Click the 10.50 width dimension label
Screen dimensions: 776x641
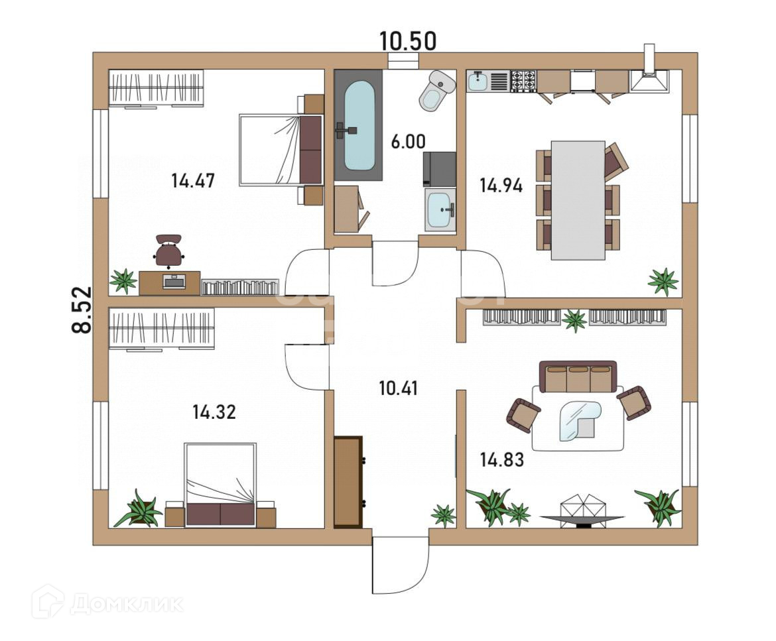pyautogui.click(x=408, y=41)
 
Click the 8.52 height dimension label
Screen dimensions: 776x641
pyautogui.click(x=82, y=310)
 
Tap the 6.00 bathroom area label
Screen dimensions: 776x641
pyautogui.click(x=409, y=142)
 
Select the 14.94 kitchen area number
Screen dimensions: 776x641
pyautogui.click(x=501, y=186)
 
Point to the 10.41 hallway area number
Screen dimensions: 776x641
pyautogui.click(x=399, y=388)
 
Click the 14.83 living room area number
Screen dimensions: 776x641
pyautogui.click(x=502, y=460)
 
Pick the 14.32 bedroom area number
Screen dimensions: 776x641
pyautogui.click(x=214, y=412)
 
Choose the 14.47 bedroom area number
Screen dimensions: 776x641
pyautogui.click(x=193, y=180)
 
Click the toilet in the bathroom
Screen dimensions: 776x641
pyautogui.click(x=438, y=90)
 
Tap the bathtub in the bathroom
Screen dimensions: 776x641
pyautogui.click(x=359, y=126)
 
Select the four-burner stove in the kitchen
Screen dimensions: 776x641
pyautogui.click(x=523, y=81)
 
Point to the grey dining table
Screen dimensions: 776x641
pyautogui.click(x=578, y=200)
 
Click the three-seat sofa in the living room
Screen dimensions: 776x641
pyautogui.click(x=578, y=377)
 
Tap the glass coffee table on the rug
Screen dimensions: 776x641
pyautogui.click(x=580, y=420)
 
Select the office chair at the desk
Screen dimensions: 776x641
pyautogui.click(x=168, y=251)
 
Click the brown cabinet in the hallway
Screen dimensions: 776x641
pyautogui.click(x=348, y=481)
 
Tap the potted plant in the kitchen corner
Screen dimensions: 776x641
pyautogui.click(x=664, y=282)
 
